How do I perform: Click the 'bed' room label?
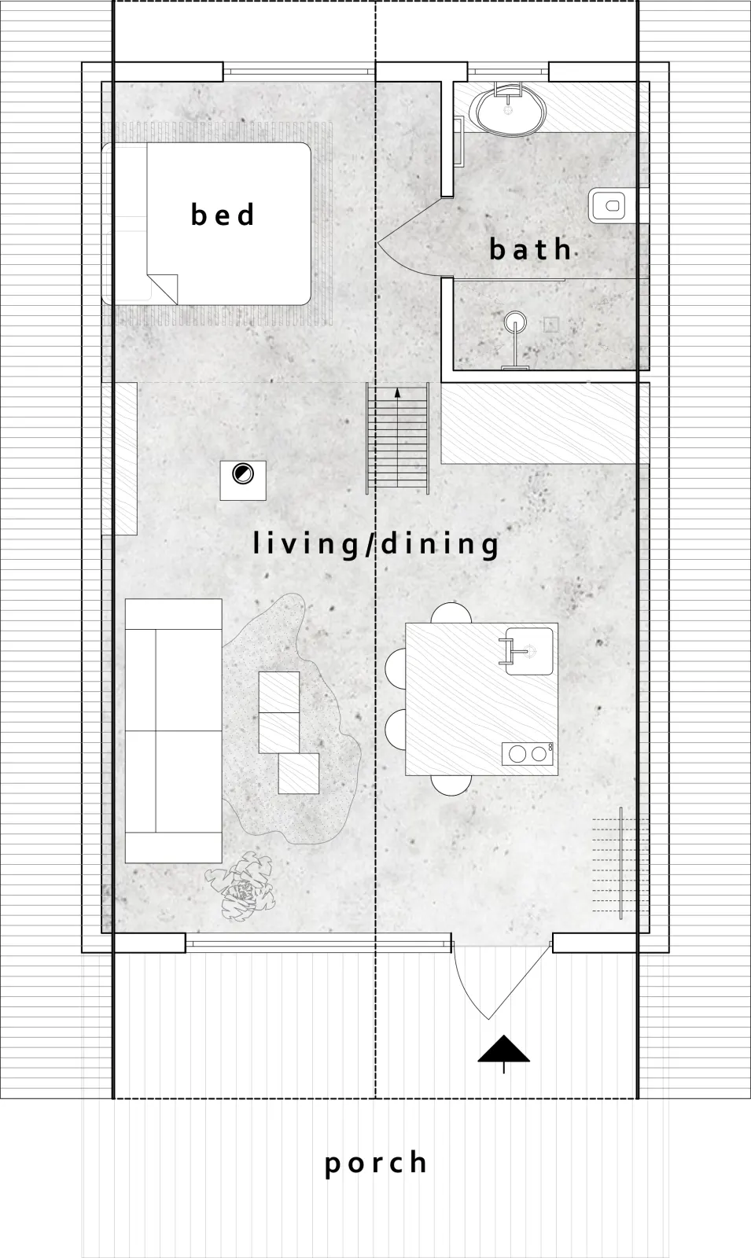[x=223, y=215]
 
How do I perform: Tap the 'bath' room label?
[x=530, y=248]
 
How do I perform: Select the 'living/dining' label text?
[x=375, y=544]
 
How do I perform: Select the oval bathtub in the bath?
[x=508, y=107]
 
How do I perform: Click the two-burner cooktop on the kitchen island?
[x=528, y=753]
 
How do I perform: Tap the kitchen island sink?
[x=528, y=652]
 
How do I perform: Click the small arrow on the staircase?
[x=398, y=392]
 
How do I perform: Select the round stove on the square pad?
[x=242, y=474]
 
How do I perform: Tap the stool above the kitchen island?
[x=451, y=612]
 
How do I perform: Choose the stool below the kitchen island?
[x=451, y=785]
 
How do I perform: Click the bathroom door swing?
[x=409, y=239]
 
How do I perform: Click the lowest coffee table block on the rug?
[x=299, y=774]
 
